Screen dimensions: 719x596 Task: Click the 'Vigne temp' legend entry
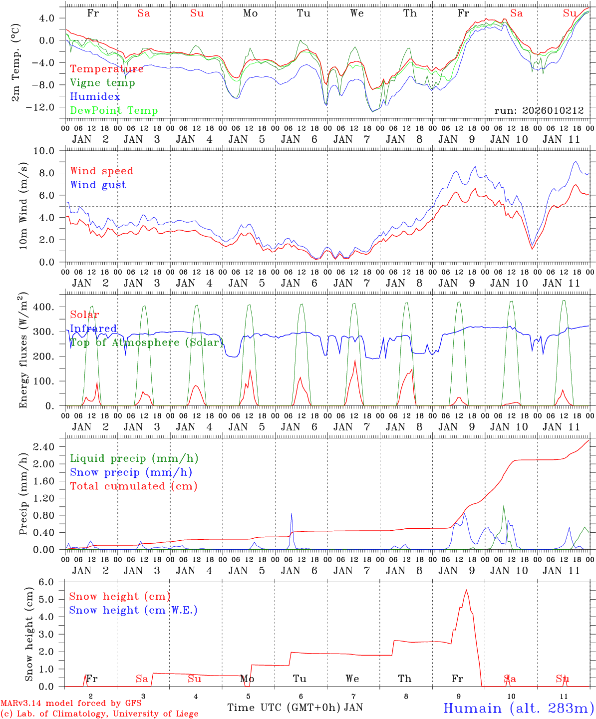102,83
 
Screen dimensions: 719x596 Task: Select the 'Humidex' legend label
95,97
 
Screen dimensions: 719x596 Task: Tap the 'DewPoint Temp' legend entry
114,111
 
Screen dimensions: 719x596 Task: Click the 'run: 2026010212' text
539,110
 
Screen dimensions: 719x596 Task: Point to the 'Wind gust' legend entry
98,185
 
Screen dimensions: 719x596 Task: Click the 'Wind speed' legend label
102,171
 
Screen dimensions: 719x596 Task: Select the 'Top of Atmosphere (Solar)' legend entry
146,343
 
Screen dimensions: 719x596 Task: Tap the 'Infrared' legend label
93,329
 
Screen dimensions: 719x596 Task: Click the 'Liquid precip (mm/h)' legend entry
134,458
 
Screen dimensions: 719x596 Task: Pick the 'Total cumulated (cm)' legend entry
133,486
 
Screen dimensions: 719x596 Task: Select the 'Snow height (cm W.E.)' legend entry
133,610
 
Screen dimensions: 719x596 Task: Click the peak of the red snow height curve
466,590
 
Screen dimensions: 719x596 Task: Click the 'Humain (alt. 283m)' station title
518,708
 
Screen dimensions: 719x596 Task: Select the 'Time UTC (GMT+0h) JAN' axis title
295,708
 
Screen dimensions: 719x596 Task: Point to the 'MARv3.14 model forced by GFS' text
71,704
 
